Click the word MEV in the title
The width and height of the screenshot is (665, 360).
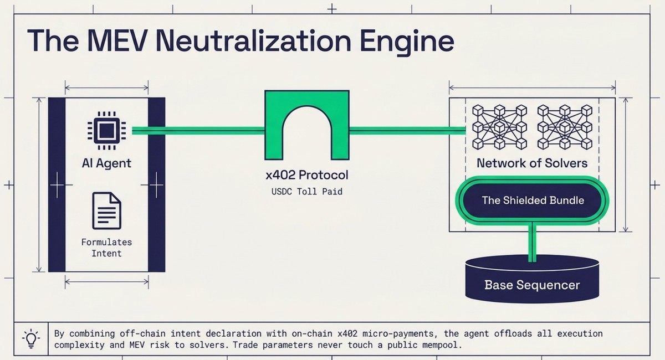coord(117,41)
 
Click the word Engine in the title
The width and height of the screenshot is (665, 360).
coord(407,43)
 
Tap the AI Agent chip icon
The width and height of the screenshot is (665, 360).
coord(106,131)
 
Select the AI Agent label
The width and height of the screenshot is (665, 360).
coord(106,163)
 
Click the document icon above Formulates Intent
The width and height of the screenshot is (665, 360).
coord(106,210)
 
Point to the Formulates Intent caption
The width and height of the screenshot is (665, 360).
coord(106,248)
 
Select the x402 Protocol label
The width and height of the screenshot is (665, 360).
coord(307,175)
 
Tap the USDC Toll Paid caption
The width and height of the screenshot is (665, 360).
coord(307,192)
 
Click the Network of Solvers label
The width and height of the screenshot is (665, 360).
coord(532,163)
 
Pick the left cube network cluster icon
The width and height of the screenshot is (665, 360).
coord(500,127)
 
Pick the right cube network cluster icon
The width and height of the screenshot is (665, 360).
coord(565,127)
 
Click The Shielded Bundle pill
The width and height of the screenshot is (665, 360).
coord(533,200)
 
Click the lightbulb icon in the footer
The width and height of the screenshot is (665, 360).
coord(31,338)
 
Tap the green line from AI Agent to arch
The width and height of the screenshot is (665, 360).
coord(198,131)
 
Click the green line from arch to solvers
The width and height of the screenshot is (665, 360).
coord(408,131)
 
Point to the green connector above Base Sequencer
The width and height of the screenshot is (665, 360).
coord(533,243)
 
